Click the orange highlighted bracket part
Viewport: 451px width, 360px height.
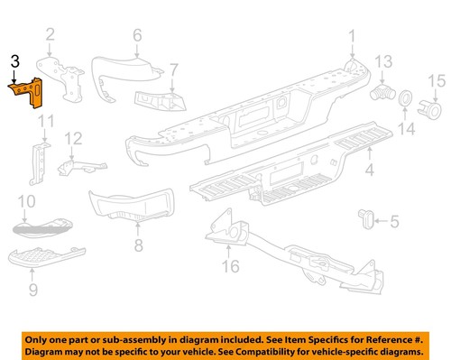[x=27, y=93]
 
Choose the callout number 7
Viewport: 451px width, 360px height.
[x=174, y=68]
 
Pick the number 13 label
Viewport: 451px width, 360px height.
[x=383, y=61]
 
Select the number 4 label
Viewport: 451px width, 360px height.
[x=369, y=169]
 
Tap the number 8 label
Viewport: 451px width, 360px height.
[x=137, y=245]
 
